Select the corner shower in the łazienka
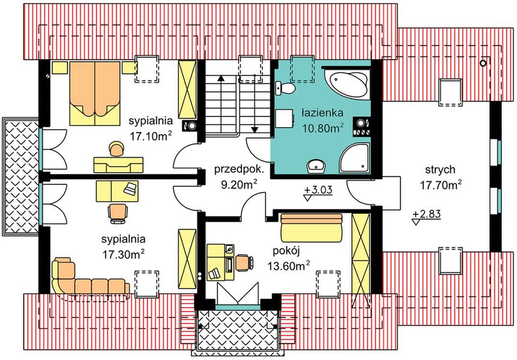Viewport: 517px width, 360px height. point(355,158)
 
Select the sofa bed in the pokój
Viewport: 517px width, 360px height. point(311,227)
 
